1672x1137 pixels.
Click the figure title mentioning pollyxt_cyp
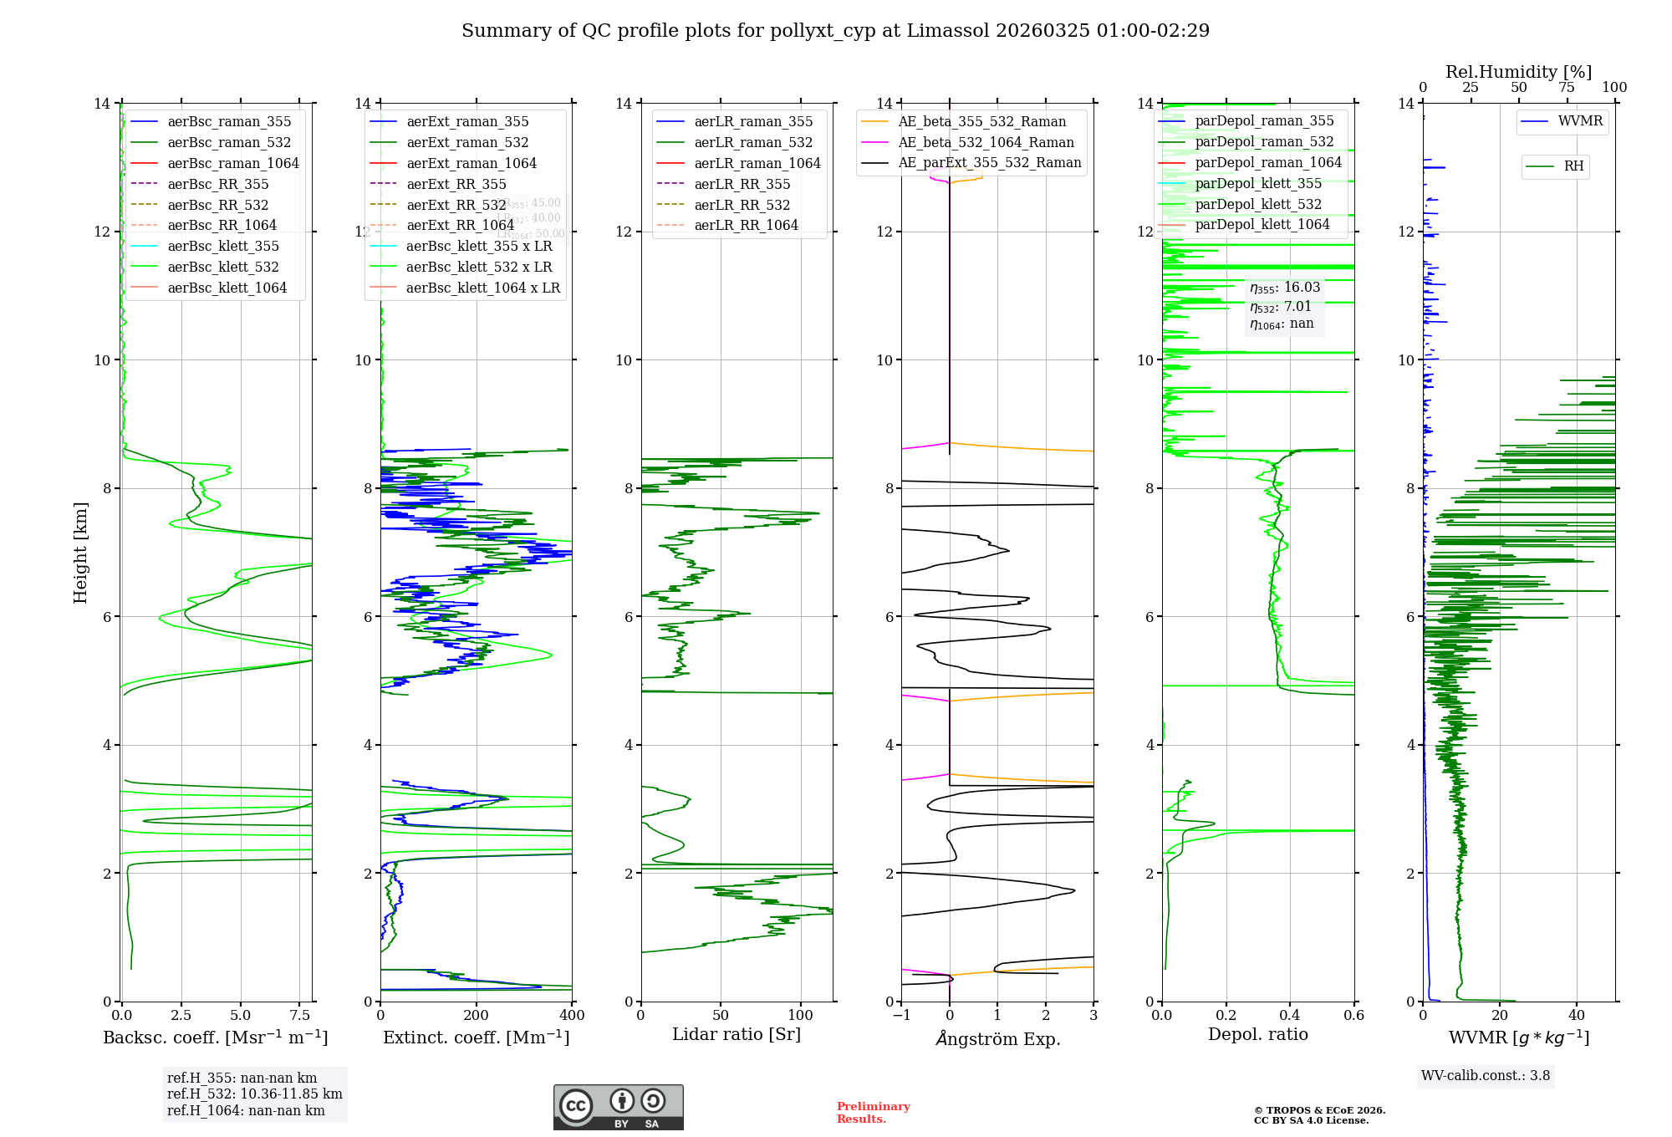point(835,31)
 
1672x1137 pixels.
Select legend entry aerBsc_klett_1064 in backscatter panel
point(227,288)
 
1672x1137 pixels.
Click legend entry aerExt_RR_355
point(456,184)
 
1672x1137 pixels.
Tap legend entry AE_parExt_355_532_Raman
point(989,162)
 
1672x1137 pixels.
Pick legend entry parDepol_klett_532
point(1257,204)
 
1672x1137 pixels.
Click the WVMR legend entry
point(1579,121)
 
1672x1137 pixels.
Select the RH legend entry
point(1573,166)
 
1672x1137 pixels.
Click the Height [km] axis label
point(80,552)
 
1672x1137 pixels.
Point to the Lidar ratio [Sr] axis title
point(736,1034)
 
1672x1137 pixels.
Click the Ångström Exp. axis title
point(997,1038)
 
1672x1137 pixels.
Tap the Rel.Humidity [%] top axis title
point(1518,72)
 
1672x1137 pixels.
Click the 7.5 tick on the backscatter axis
point(300,1016)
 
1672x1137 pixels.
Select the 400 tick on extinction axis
point(572,1016)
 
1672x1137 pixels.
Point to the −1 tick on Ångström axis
point(901,1016)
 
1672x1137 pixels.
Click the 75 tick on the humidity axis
point(1566,88)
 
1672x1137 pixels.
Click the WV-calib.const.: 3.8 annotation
point(1485,1076)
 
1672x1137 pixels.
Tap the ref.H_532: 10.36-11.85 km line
point(254,1094)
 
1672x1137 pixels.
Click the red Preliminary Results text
point(873,1113)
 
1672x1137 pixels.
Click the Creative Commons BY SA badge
point(618,1108)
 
